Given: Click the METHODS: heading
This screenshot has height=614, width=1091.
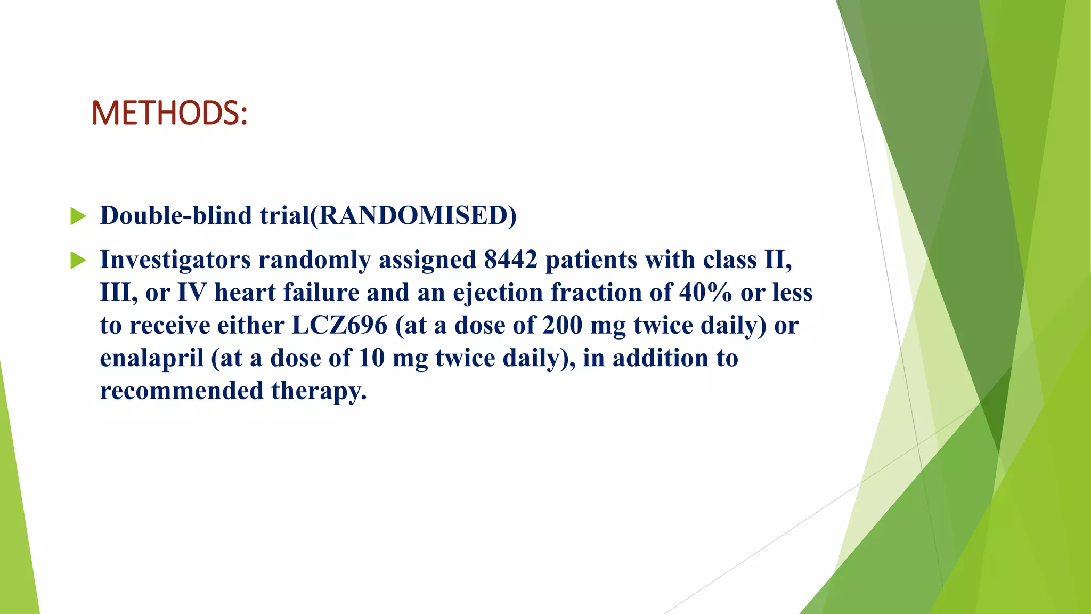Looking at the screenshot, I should point(169,113).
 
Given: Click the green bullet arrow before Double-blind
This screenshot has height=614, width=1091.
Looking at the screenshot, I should point(78,216).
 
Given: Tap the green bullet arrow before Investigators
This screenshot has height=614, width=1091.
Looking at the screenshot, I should point(78,261).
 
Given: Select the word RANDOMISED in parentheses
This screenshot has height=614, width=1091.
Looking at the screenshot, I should point(413,216).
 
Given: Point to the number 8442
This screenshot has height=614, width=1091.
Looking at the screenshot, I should point(510,260).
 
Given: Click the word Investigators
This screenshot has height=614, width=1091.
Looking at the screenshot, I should point(175,261).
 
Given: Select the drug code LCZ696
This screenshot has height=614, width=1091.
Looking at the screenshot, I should point(339,326).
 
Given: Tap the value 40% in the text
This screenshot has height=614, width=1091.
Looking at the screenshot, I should point(705,293).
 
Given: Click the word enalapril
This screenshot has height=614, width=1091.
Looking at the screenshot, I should point(152,359).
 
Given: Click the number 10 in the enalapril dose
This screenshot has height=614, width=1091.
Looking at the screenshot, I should point(371,358).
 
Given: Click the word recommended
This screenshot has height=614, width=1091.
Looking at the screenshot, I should point(182,391).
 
